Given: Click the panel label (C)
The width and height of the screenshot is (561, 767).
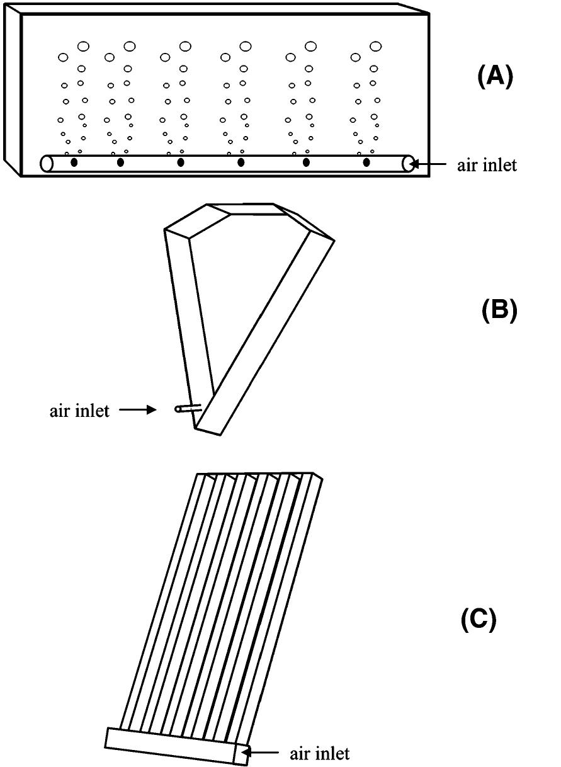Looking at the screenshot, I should coord(479,620).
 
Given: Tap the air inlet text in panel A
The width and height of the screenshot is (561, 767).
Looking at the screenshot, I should coord(487,166).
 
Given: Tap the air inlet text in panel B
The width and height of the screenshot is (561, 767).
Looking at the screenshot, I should coord(79,411).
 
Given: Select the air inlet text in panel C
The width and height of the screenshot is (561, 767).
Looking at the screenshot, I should coord(319,753).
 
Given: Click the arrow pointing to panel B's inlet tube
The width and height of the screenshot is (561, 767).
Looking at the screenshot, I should coord(137,410).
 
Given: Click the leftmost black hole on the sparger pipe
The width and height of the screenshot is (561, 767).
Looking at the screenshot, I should coord(74,163).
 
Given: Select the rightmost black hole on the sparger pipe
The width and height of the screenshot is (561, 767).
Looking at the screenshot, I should coord(366,163).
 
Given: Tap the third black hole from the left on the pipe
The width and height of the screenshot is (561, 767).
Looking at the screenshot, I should coord(181,163).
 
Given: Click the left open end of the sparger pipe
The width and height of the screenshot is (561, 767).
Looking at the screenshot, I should coord(46,164).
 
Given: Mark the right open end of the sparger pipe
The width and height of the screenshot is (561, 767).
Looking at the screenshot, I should coord(408,164).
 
